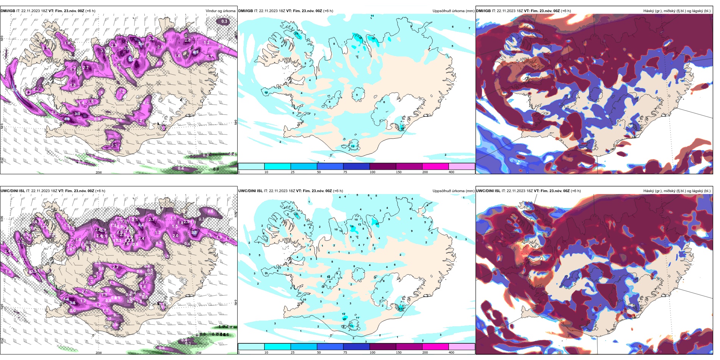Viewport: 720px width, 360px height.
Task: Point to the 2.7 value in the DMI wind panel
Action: click(x=86, y=68)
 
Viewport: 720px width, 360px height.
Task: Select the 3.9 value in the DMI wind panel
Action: click(x=77, y=114)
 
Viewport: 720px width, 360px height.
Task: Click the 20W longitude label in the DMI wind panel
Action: click(x=99, y=172)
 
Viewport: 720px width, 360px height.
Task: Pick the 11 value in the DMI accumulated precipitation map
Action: click(x=372, y=16)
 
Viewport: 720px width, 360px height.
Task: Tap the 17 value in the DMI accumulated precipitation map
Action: click(x=266, y=92)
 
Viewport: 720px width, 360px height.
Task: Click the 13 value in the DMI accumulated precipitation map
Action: click(x=352, y=146)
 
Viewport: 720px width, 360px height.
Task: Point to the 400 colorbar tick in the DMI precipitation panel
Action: click(x=451, y=172)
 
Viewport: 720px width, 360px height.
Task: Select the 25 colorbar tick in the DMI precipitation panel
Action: click(x=293, y=172)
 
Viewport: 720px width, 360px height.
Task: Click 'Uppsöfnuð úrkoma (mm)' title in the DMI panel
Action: click(x=453, y=11)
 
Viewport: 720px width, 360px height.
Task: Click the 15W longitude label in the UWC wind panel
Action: click(x=198, y=353)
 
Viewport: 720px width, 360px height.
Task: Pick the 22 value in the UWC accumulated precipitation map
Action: click(x=401, y=308)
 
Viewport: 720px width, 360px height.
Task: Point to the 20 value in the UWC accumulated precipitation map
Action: click(x=377, y=224)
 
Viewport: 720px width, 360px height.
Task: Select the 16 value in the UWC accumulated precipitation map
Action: click(x=352, y=227)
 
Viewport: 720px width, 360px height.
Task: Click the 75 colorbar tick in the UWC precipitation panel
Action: click(x=345, y=352)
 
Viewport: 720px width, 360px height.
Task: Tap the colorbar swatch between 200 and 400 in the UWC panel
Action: click(x=462, y=346)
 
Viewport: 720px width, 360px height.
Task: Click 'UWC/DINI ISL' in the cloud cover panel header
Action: click(x=488, y=191)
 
